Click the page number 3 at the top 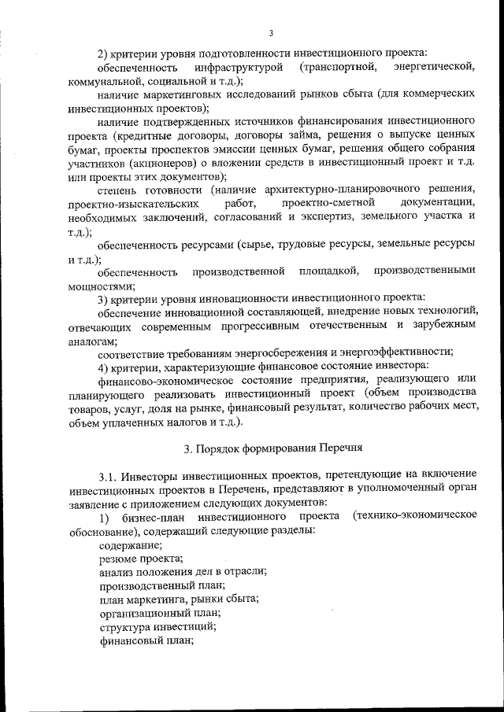click(x=270, y=32)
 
